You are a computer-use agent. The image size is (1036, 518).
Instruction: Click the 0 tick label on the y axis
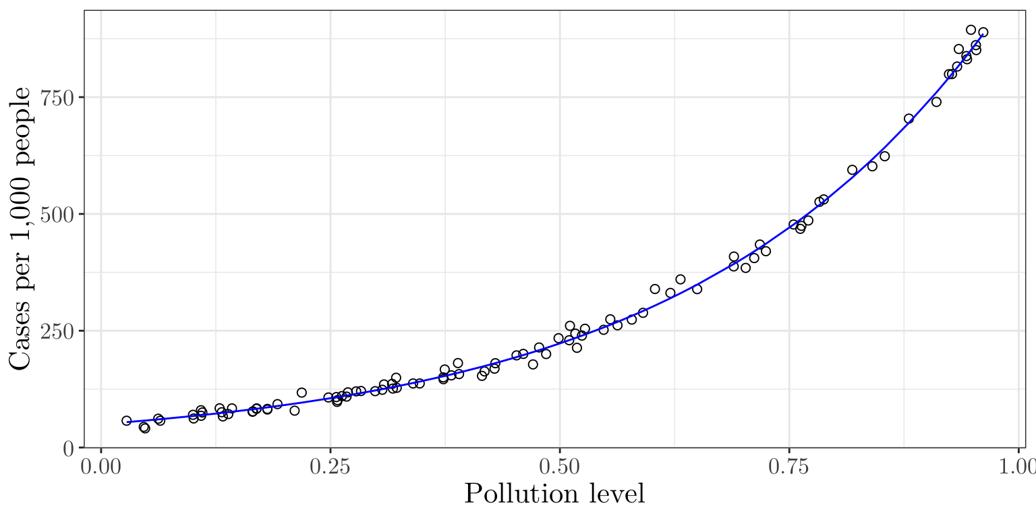pyautogui.click(x=69, y=448)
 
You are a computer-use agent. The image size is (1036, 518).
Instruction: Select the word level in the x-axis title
pyautogui.click(x=617, y=494)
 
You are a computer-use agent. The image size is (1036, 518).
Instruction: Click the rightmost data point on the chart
pyautogui.click(x=983, y=32)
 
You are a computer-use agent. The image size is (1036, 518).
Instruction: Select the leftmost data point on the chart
pyautogui.click(x=126, y=421)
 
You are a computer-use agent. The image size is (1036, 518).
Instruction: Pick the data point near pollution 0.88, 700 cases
pyautogui.click(x=909, y=119)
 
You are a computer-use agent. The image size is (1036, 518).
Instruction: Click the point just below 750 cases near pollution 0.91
pyautogui.click(x=936, y=102)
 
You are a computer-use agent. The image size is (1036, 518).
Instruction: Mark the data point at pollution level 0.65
pyautogui.click(x=697, y=289)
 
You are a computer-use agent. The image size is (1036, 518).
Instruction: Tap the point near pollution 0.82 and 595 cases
pyautogui.click(x=852, y=170)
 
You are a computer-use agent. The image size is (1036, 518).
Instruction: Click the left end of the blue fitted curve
pyautogui.click(x=127, y=422)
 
